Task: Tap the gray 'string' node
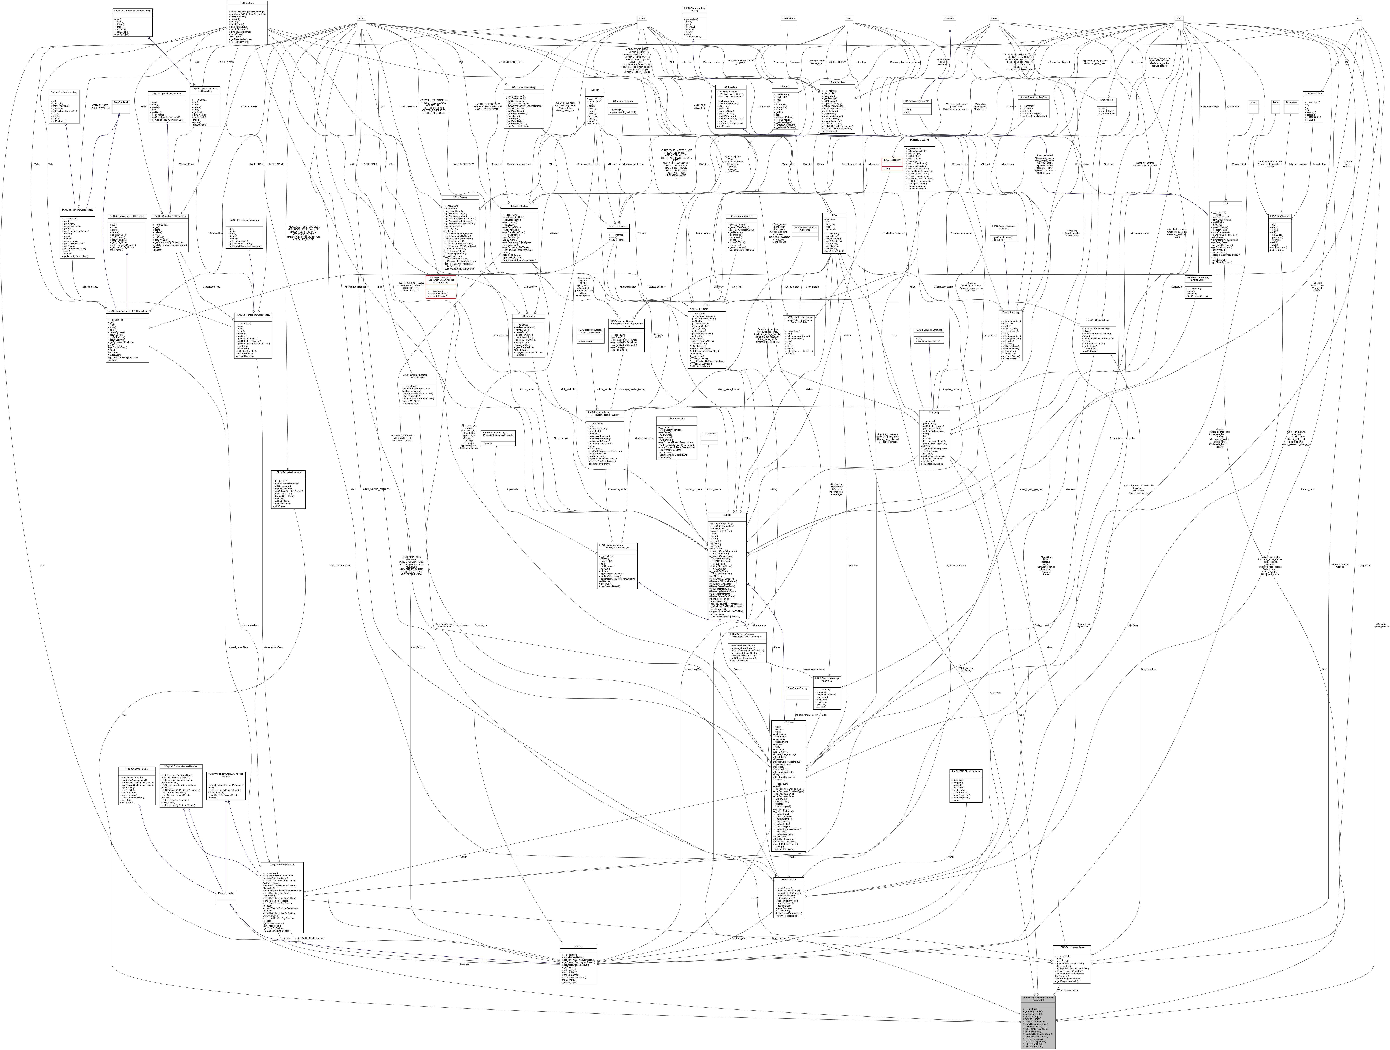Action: tap(642, 18)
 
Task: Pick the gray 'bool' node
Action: tap(849, 18)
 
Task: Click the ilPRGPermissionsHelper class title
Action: tap(1071, 946)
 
